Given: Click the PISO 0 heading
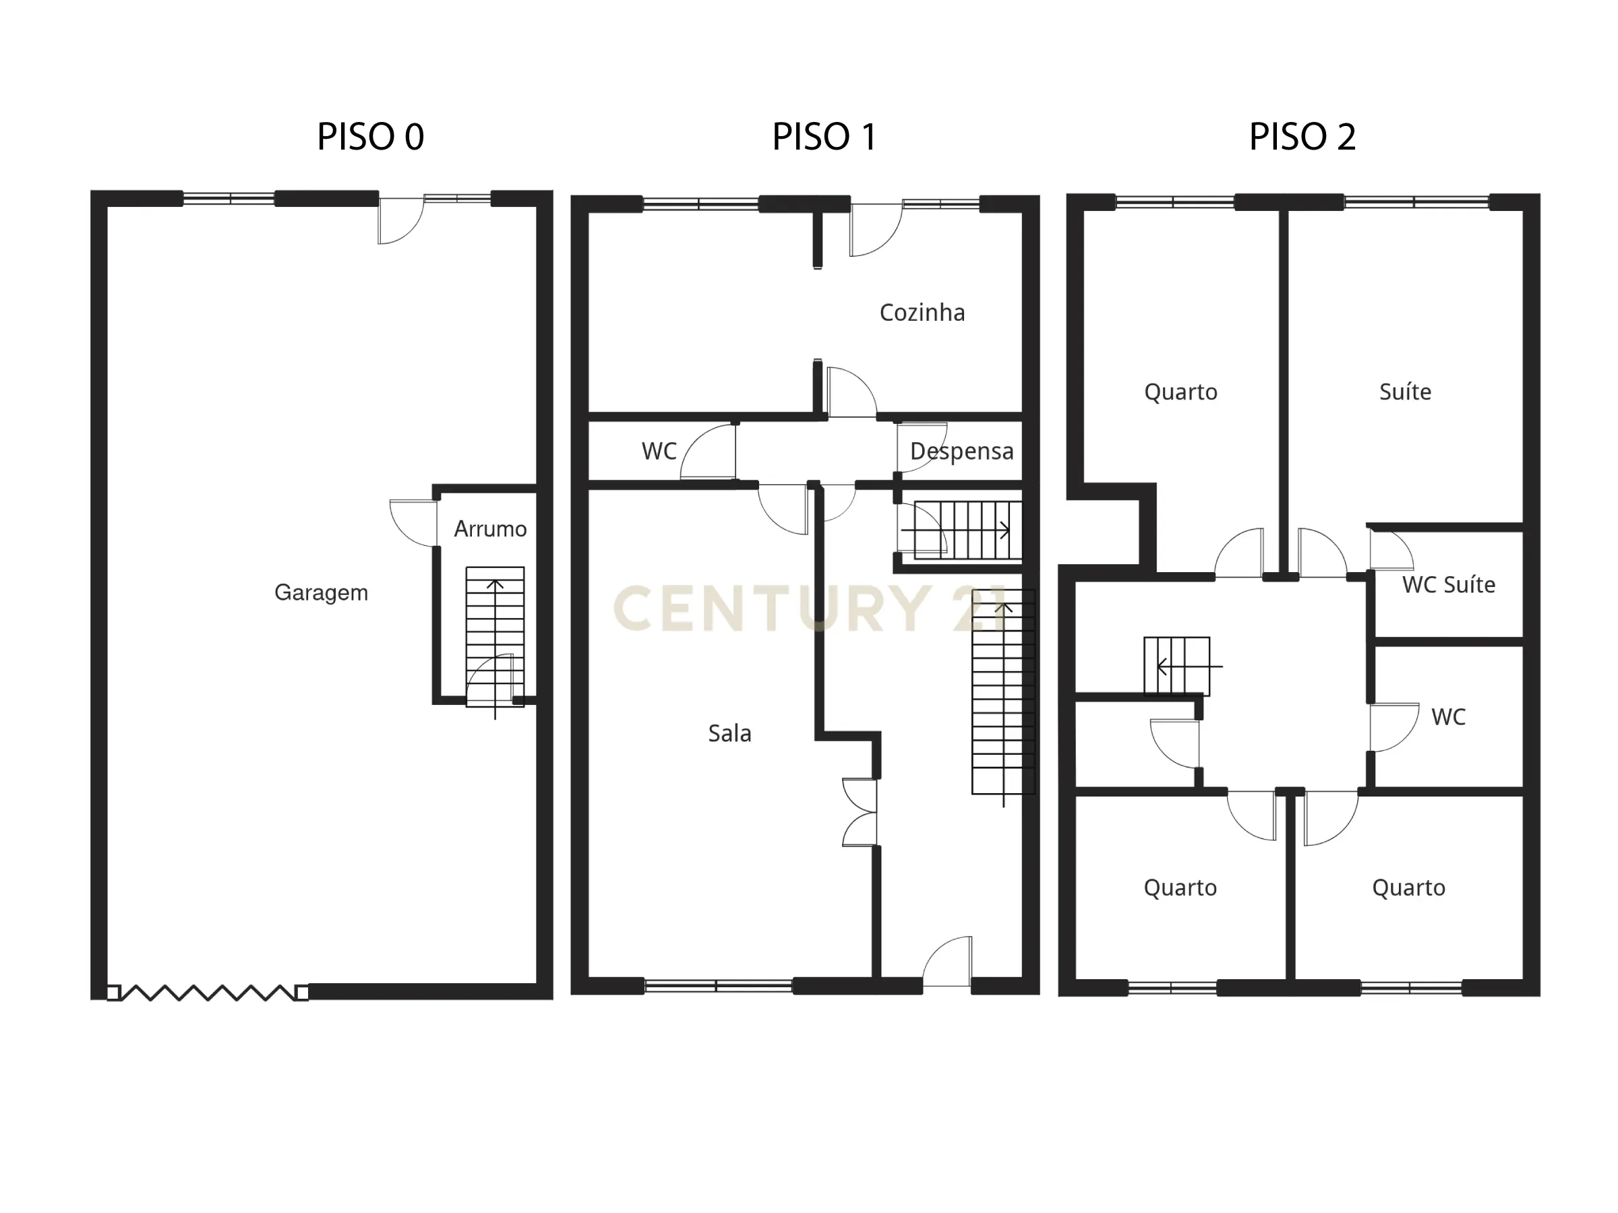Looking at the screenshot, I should coord(370,137).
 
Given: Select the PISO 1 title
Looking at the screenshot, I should coord(824,137).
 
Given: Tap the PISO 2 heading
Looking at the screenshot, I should coord(1302,137).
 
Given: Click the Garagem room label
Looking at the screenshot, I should coord(321,592).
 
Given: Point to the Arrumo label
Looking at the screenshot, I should coord(490,528).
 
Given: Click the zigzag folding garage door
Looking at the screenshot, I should coord(208,992).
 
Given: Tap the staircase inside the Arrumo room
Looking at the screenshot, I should coord(496,629).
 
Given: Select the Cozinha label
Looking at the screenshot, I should coord(922,313).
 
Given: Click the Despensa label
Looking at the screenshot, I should coord(961,451).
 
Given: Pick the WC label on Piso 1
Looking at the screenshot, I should coord(659,451).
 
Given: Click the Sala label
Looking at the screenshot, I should coord(729,733).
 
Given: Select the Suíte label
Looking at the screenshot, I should coord(1404,392).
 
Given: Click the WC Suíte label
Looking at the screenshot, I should coord(1447,585).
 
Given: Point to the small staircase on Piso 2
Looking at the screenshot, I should coord(1176,665).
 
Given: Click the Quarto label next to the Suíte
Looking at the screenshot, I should coord(1180,392).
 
